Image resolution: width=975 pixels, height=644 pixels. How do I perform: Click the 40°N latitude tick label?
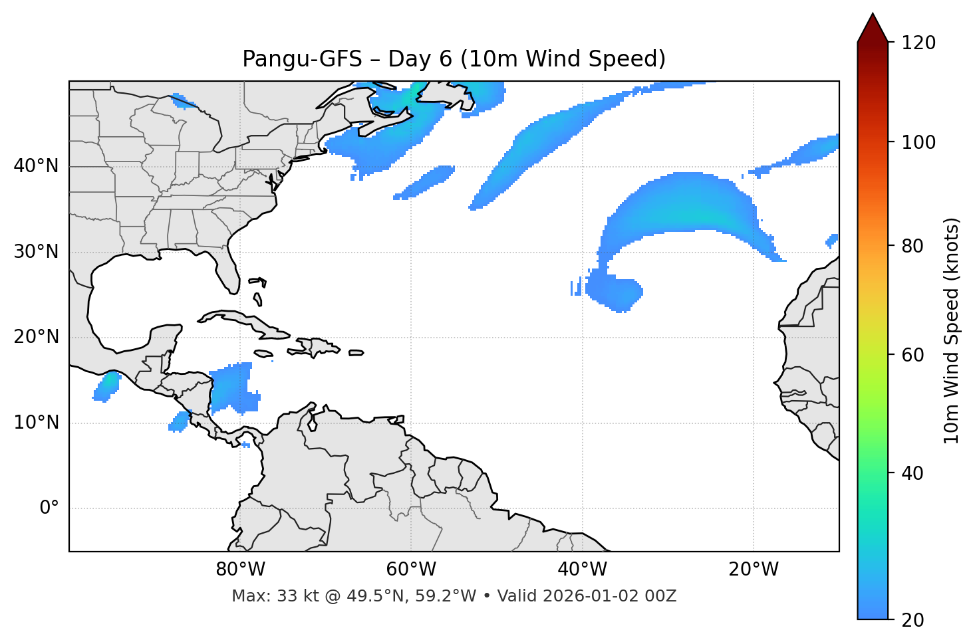pos(36,166)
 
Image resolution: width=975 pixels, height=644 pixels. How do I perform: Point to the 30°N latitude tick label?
pos(36,252)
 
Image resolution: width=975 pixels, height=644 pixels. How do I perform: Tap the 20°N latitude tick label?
pos(36,337)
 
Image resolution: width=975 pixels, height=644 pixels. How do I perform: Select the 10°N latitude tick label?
pos(36,423)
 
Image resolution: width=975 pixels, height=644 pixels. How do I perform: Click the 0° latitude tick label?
pos(49,508)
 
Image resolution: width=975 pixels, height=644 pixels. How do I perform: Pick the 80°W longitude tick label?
pos(240,570)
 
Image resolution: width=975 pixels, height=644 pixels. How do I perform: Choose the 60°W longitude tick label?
pos(411,570)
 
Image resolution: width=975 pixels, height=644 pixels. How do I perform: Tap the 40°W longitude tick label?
pos(583,570)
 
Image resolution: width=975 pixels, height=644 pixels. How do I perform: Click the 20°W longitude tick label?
pos(754,570)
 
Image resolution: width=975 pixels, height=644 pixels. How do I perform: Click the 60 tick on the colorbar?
pos(914,355)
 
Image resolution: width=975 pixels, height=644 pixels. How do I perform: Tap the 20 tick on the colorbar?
pos(914,620)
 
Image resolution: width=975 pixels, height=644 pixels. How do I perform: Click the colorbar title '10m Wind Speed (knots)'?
pos(952,331)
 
